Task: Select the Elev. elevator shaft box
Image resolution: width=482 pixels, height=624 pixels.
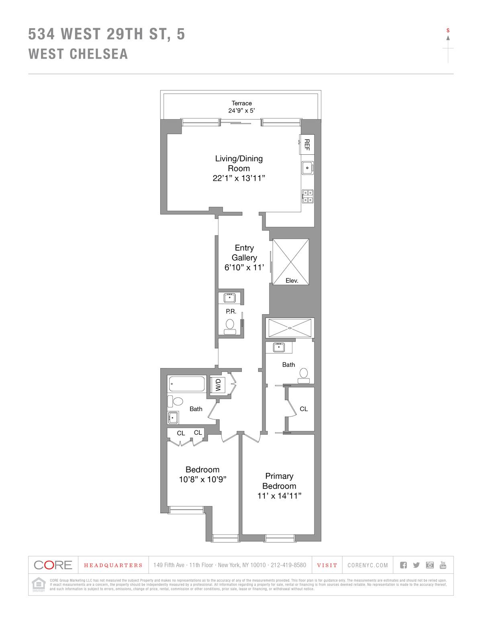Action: point(291,262)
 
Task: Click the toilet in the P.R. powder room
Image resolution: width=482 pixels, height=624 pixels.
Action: point(230,325)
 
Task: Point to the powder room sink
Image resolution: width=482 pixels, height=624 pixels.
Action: point(230,298)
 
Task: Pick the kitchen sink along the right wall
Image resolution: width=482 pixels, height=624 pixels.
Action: point(308,168)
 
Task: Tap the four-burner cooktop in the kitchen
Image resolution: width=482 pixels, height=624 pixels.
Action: point(308,196)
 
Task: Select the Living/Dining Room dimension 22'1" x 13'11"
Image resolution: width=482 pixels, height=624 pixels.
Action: point(239,178)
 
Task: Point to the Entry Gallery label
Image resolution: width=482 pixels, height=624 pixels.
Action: point(244,253)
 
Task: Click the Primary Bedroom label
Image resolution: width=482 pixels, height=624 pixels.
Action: point(279,481)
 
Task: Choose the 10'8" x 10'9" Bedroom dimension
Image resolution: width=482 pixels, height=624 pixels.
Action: point(202,479)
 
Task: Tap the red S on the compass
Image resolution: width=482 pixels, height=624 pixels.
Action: point(448,30)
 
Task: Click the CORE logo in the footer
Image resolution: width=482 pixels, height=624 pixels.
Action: point(53,565)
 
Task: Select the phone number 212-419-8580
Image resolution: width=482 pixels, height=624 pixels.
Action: point(288,565)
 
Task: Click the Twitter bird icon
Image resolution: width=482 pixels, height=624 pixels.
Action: point(416,565)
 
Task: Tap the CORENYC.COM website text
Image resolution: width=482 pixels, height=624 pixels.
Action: point(368,565)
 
